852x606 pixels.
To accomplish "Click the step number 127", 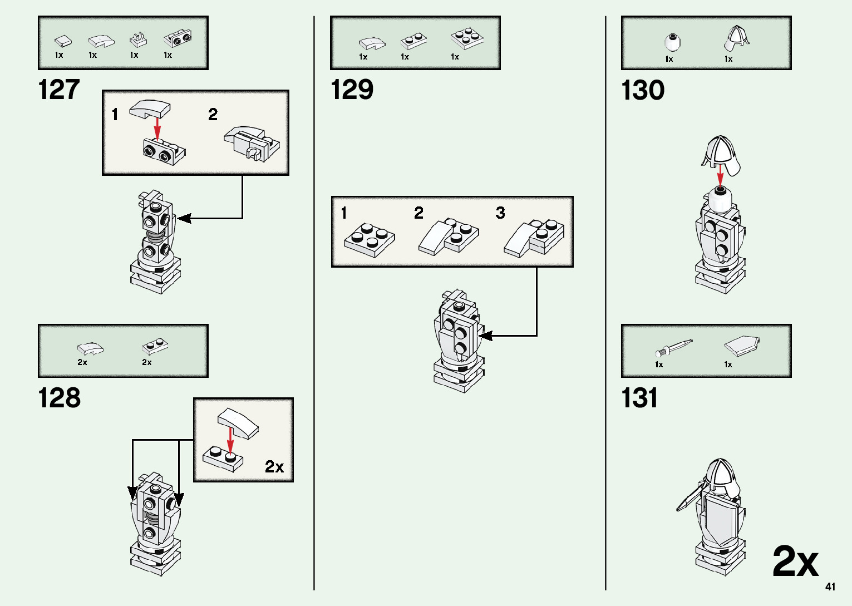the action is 59,90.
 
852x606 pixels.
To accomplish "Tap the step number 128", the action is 59,398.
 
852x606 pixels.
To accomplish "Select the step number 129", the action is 352,90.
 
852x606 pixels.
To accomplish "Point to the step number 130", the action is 643,90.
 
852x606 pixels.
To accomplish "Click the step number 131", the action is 639,398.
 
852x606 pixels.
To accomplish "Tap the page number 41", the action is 830,587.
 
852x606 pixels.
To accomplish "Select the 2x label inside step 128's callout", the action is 274,466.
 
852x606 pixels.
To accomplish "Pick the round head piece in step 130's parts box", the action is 673,42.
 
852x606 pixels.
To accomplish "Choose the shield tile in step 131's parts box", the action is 742,346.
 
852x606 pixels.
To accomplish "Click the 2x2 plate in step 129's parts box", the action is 467,38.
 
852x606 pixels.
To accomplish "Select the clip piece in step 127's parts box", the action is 138,40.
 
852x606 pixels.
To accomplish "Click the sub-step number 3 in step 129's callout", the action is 500,213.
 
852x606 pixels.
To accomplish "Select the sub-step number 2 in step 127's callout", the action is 213,115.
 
